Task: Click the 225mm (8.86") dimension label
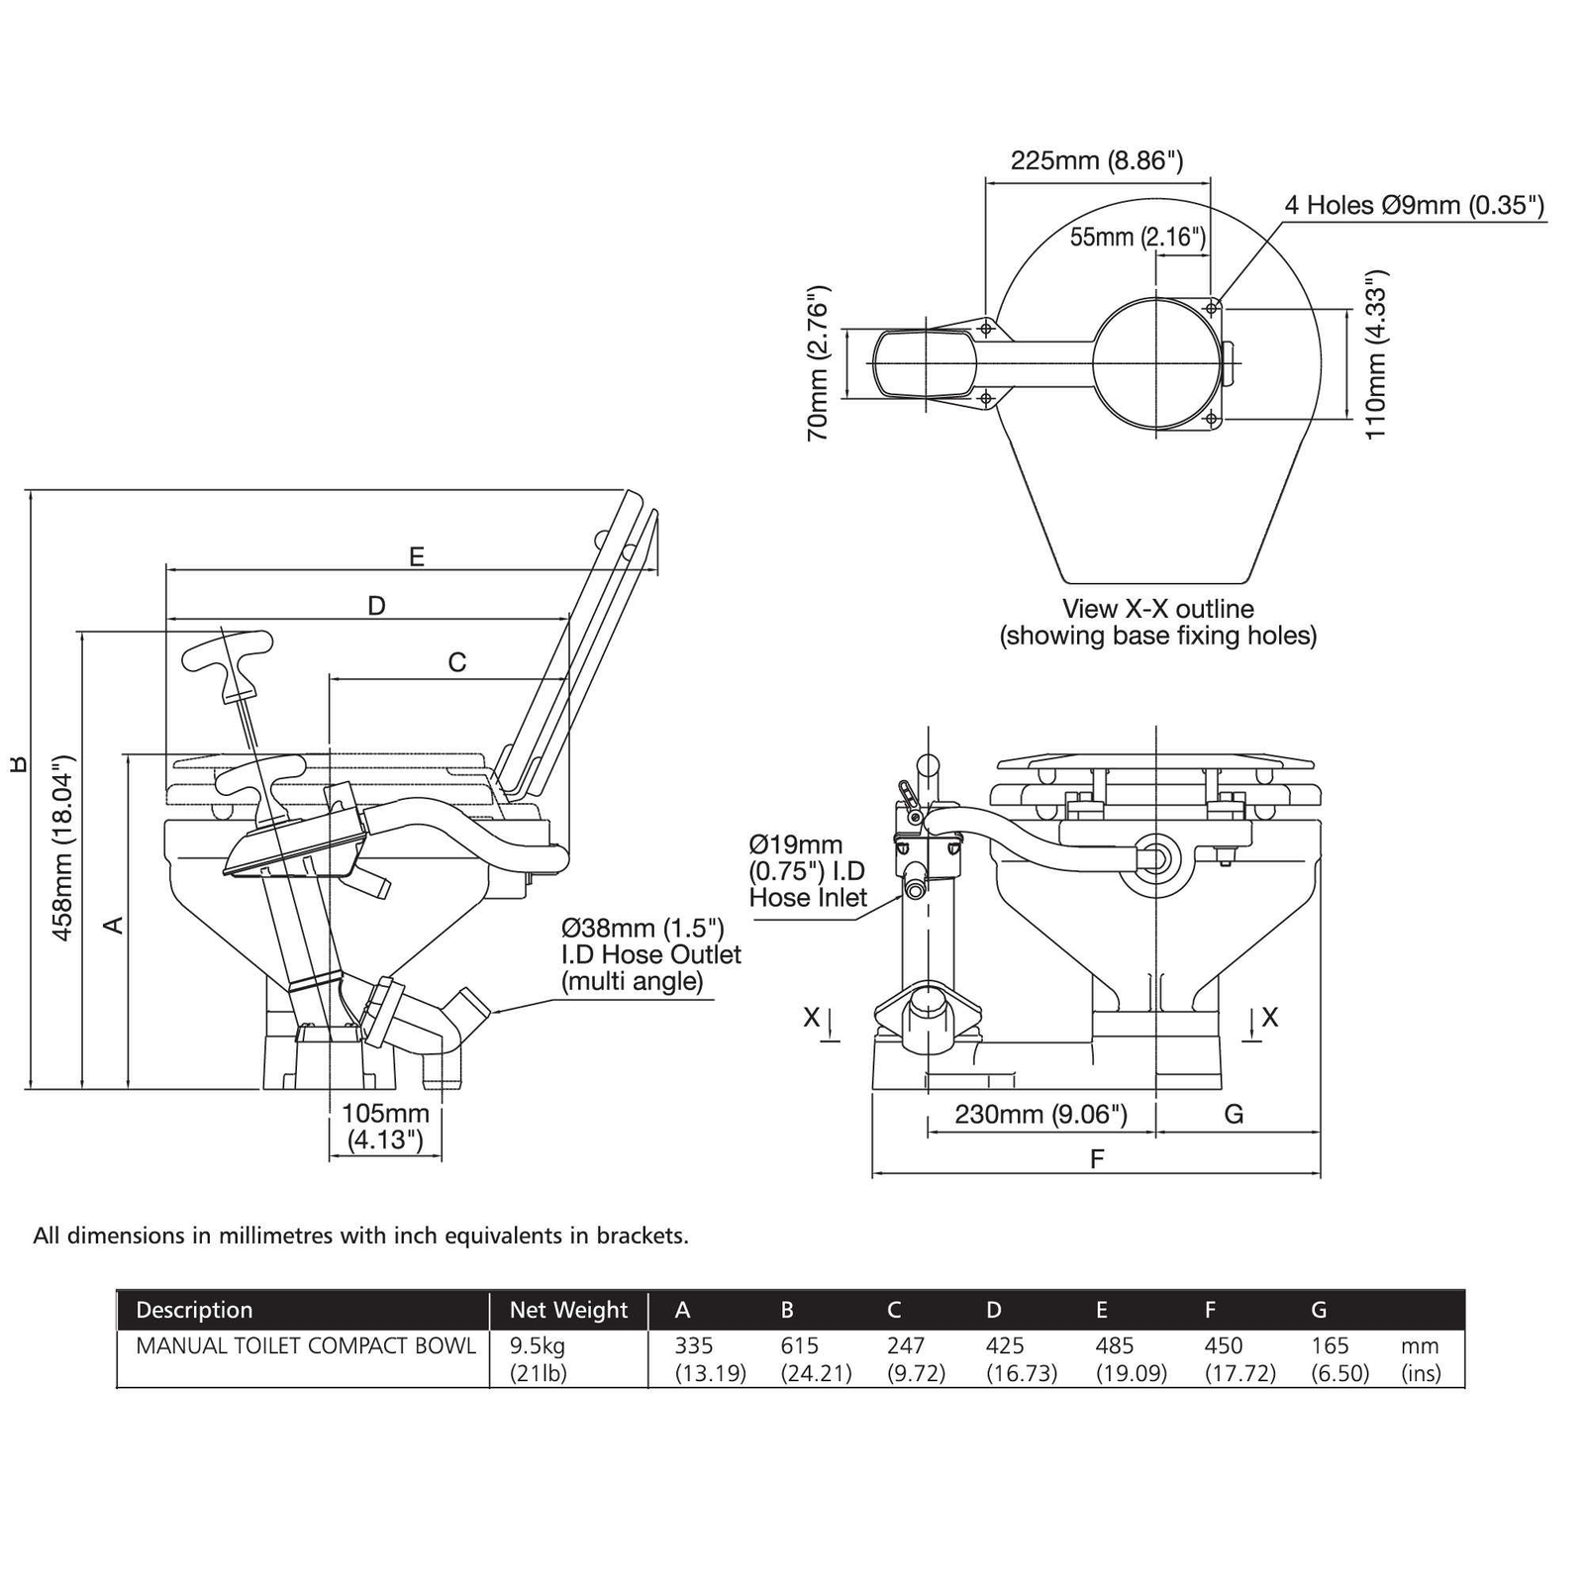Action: click(1097, 160)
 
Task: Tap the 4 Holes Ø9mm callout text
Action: click(1415, 205)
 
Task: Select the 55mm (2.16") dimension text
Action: click(1138, 237)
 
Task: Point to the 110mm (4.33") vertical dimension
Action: click(1376, 354)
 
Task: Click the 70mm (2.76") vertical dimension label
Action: click(818, 363)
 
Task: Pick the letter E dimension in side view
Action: click(417, 556)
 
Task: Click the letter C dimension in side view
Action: click(456, 662)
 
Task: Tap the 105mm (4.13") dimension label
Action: click(386, 1127)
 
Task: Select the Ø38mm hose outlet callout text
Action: click(651, 954)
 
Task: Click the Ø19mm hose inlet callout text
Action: click(808, 871)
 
